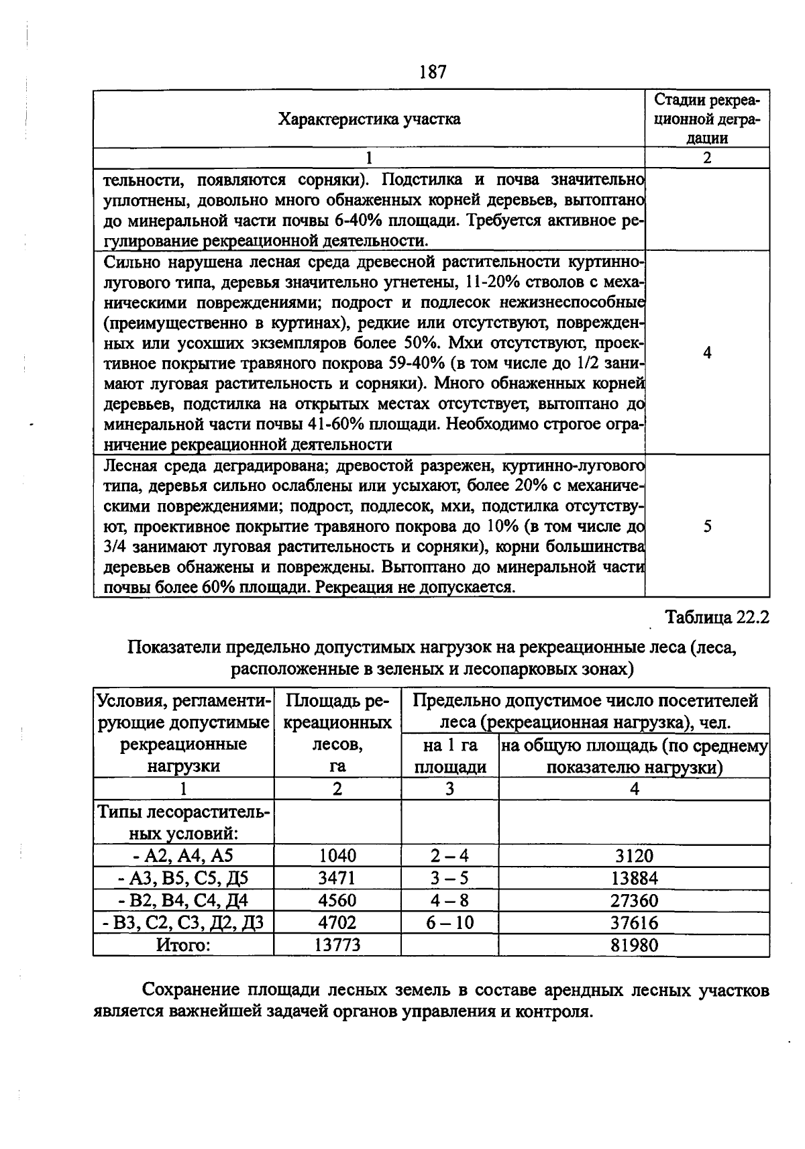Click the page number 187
[433, 72]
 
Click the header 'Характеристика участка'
[369, 119]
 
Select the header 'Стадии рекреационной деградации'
[707, 119]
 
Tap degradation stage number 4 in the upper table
[707, 353]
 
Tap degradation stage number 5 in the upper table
[707, 527]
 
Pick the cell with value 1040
[337, 856]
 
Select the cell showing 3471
[337, 878]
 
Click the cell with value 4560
[337, 900]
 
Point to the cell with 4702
[337, 923]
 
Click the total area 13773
[337, 945]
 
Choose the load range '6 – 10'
[449, 923]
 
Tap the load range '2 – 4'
[449, 856]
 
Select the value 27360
[634, 900]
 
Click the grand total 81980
[634, 945]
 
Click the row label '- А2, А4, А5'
[183, 856]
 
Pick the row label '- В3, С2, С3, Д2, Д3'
[183, 923]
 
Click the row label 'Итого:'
[183, 945]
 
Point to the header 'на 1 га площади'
[449, 756]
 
